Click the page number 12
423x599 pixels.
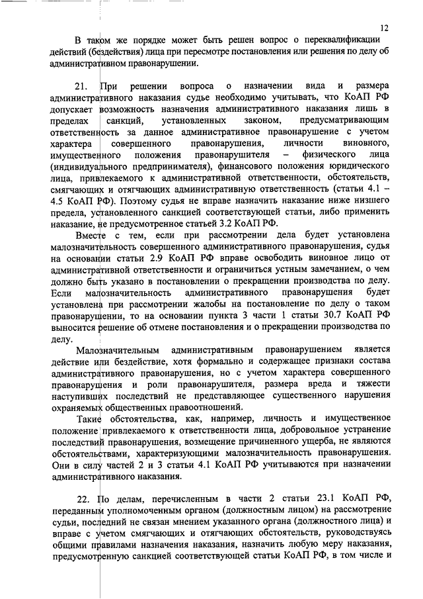click(x=386, y=28)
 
